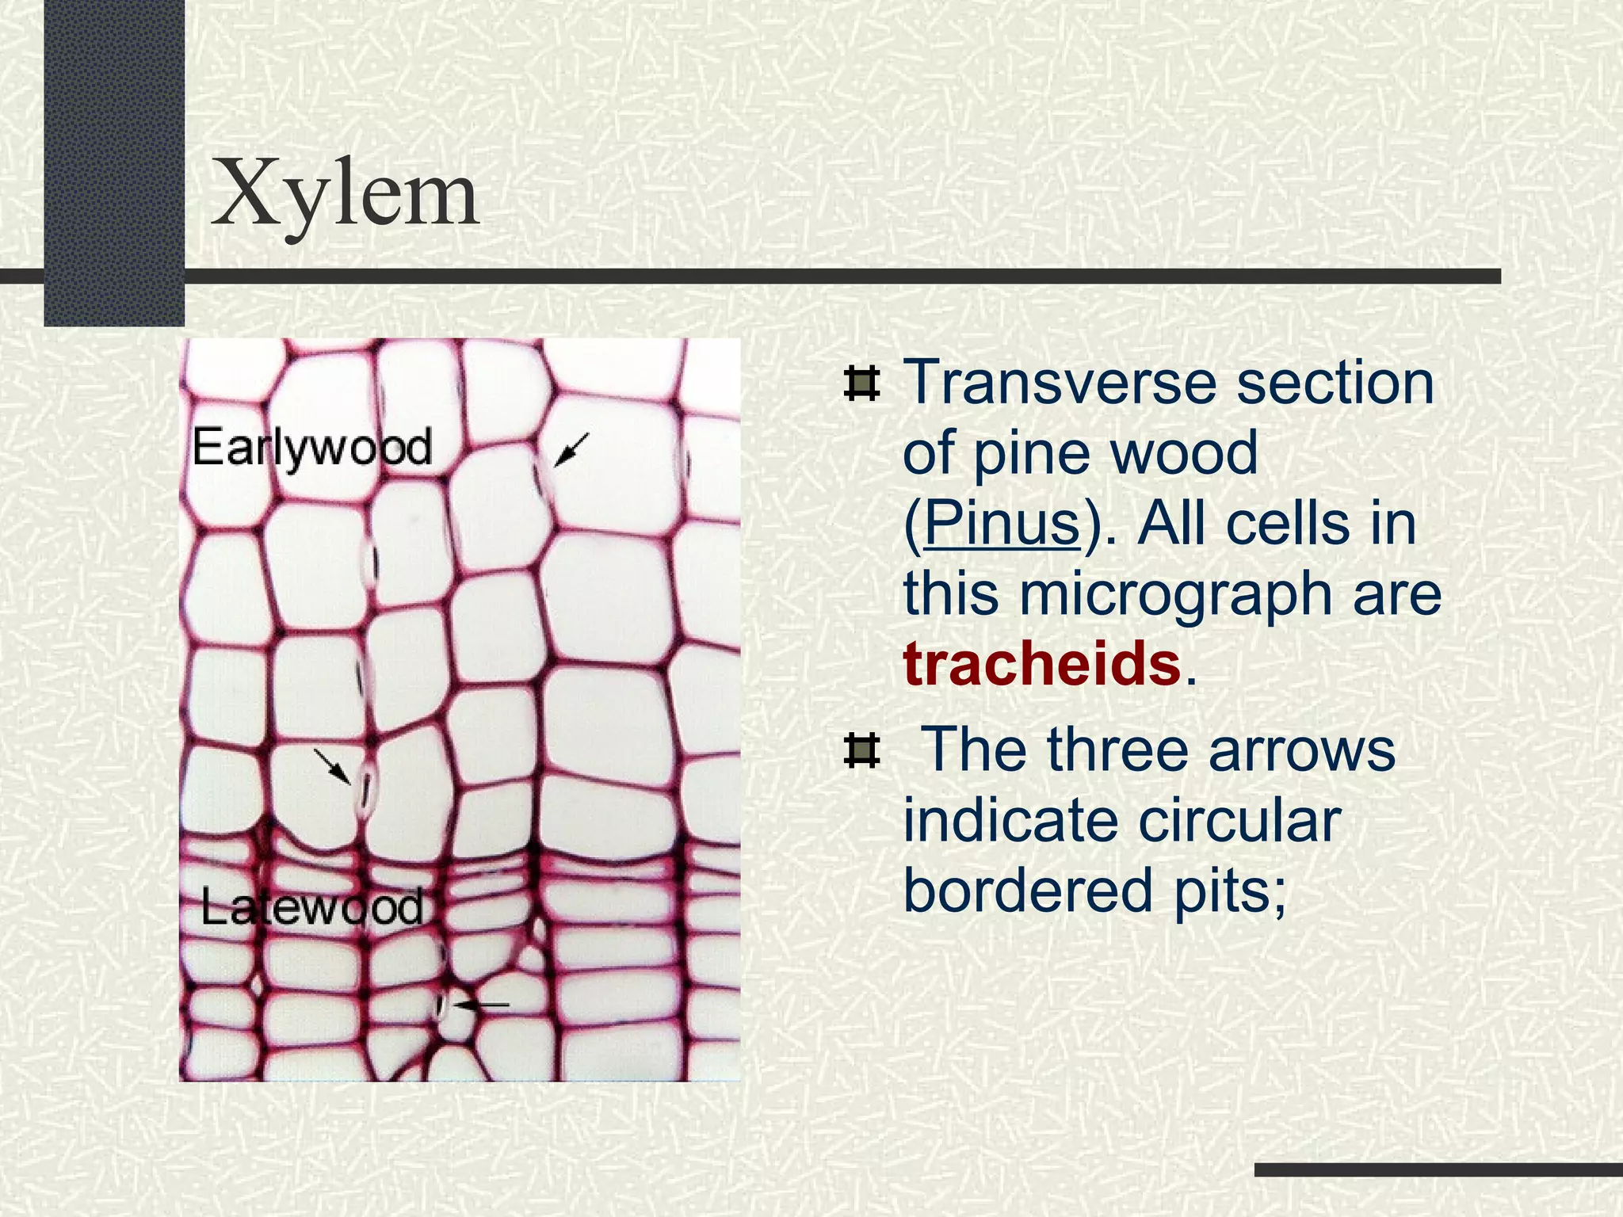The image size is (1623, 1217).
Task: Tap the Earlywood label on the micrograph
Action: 312,448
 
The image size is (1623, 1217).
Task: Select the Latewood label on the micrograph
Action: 312,906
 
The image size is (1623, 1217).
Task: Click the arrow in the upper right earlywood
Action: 571,449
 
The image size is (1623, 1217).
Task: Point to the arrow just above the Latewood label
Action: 333,765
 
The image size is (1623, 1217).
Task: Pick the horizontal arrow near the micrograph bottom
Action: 481,1005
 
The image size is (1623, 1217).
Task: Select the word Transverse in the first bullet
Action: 1060,383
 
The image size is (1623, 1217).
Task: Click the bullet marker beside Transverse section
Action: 861,383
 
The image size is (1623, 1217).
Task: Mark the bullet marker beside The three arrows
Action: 861,750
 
